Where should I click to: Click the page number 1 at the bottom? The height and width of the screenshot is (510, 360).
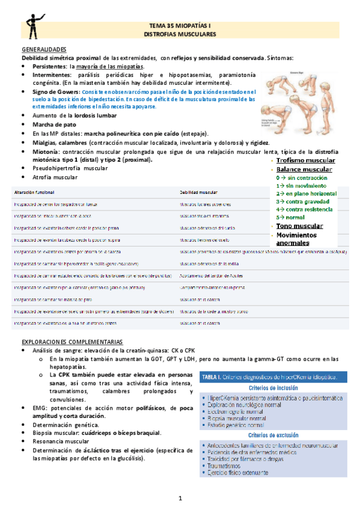pyautogui.click(x=180, y=499)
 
